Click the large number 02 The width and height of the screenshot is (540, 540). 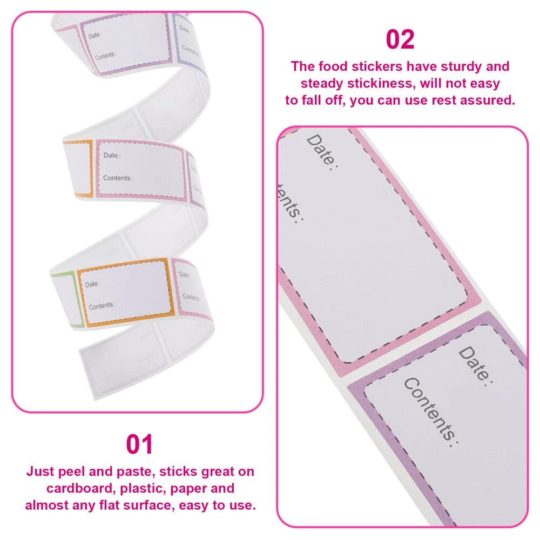tap(400, 39)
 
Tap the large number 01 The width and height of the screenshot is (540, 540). tap(139, 444)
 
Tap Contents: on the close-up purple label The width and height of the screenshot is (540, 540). tap(431, 412)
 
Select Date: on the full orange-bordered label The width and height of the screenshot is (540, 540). tap(93, 284)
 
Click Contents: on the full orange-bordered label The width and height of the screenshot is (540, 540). tap(102, 306)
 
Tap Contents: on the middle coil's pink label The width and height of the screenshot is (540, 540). tap(118, 178)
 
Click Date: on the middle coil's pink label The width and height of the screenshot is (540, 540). tap(112, 156)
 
